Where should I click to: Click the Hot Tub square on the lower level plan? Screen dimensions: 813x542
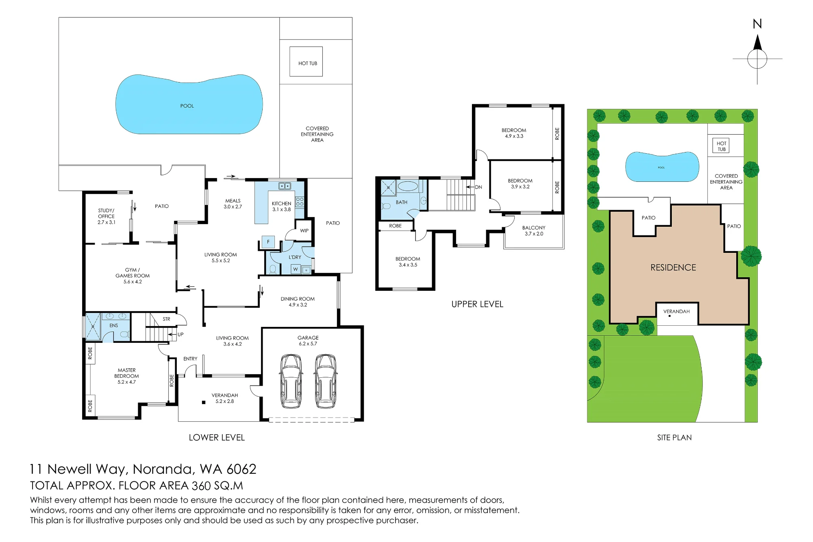click(x=306, y=61)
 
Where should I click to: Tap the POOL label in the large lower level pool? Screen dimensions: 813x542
click(x=187, y=106)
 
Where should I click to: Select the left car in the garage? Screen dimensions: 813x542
click(x=291, y=381)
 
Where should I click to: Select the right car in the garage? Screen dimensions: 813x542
click(x=326, y=381)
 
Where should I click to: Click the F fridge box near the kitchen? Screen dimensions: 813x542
click(x=268, y=242)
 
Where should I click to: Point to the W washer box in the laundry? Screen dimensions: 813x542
click(x=296, y=269)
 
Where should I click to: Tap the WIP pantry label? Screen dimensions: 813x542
click(x=304, y=231)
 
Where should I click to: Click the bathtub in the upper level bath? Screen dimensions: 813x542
click(x=408, y=187)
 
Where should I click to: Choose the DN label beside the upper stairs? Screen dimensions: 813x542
click(x=478, y=187)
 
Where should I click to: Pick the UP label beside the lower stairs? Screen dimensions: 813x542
click(x=180, y=335)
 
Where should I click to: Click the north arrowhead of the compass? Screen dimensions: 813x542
click(x=757, y=42)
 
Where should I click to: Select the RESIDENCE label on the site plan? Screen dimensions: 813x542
click(x=673, y=268)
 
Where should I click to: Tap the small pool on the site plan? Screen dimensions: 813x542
click(x=662, y=167)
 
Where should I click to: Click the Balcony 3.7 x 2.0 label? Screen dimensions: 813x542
click(x=534, y=231)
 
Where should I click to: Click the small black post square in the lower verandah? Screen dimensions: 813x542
click(x=204, y=403)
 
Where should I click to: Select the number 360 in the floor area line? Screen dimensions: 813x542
click(x=201, y=486)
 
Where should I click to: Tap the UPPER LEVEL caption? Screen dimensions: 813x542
click(x=477, y=304)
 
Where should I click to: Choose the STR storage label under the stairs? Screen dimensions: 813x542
click(x=166, y=319)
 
